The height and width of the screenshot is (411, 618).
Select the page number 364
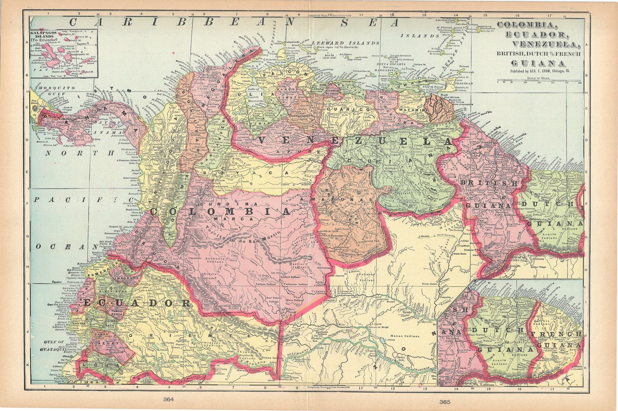click(x=169, y=399)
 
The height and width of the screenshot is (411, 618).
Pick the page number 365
click(x=445, y=401)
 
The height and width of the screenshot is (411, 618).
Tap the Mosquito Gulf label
click(x=49, y=91)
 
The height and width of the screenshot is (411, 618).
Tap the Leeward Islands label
click(x=345, y=43)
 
